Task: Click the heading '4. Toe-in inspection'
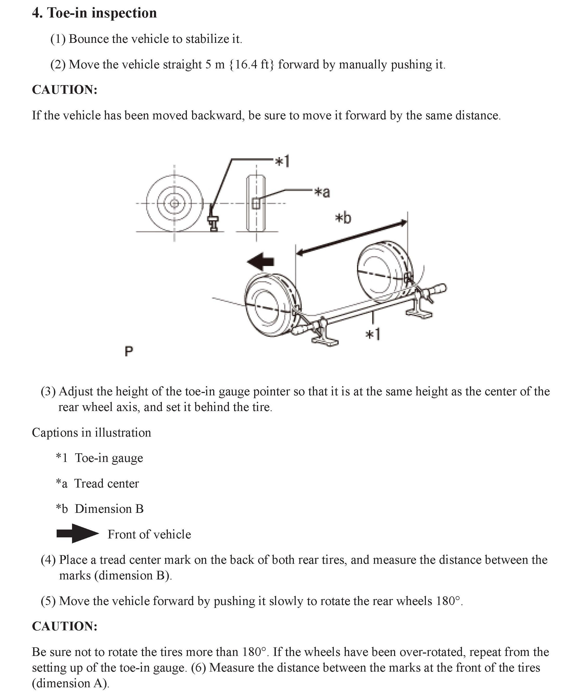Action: pyautogui.click(x=94, y=13)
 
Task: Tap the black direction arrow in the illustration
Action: pyautogui.click(x=260, y=261)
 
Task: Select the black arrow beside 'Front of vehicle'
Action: pyautogui.click(x=77, y=534)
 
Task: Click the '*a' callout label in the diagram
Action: pyautogui.click(x=322, y=192)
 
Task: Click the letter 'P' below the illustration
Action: pyautogui.click(x=129, y=351)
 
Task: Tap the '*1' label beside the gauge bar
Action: pyautogui.click(x=373, y=335)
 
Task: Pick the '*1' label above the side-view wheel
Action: pyautogui.click(x=282, y=162)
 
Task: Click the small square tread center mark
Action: pyautogui.click(x=255, y=204)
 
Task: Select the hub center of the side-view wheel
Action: pyautogui.click(x=174, y=204)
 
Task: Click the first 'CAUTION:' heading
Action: pyautogui.click(x=65, y=90)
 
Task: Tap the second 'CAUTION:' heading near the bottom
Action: pyautogui.click(x=65, y=626)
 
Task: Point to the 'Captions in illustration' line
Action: pyautogui.click(x=91, y=432)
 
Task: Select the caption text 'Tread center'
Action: pyautogui.click(x=106, y=483)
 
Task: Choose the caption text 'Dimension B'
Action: pyautogui.click(x=109, y=509)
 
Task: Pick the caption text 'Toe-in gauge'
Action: pyautogui.click(x=109, y=458)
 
